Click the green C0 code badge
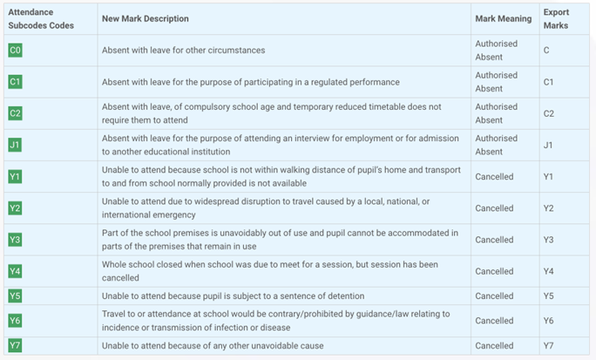pos(15,51)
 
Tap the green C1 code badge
pos(15,82)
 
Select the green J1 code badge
pos(15,145)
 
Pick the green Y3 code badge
pos(15,240)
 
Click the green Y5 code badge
pos(15,296)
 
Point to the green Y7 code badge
pos(15,346)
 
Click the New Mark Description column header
pos(145,19)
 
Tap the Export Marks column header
pos(556,19)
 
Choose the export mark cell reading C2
pos(549,113)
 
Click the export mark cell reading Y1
pos(549,177)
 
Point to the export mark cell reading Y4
pos(549,271)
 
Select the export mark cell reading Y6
pos(549,321)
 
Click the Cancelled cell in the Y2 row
pos(494,208)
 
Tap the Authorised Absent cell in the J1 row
pos(496,145)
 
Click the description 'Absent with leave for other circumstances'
pos(183,51)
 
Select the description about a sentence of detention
pos(233,296)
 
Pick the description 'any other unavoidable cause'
pos(213,346)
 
